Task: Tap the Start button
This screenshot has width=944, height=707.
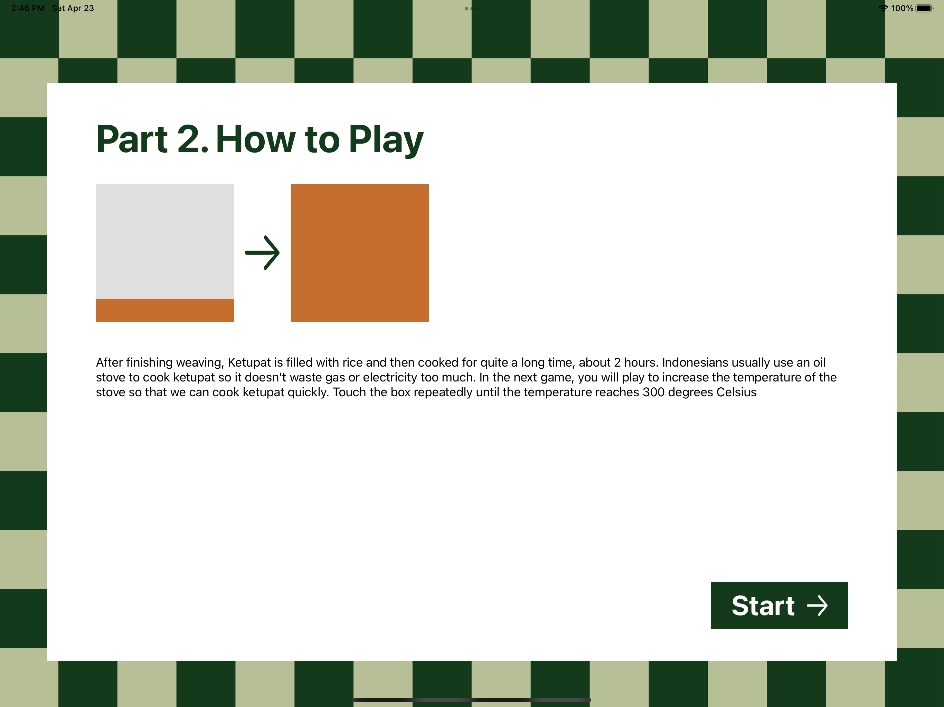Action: [779, 605]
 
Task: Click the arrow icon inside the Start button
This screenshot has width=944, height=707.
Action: [817, 606]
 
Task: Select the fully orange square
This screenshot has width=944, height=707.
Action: [360, 253]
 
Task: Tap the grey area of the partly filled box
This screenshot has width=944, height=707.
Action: [165, 241]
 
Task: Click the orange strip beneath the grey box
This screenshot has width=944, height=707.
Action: [165, 310]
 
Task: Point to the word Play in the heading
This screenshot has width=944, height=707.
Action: [386, 140]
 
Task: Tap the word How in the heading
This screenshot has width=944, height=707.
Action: [256, 139]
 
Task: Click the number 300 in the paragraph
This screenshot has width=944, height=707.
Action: [654, 392]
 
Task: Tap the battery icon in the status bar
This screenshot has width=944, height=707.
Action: [924, 8]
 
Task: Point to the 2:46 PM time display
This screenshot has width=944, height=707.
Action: [28, 8]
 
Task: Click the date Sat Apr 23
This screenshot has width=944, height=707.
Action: [73, 8]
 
